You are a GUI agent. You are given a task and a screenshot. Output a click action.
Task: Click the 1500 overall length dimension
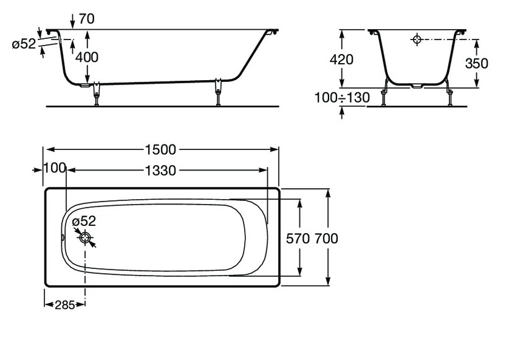pyautogui.click(x=160, y=150)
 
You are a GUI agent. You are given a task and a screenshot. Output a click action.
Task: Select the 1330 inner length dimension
pyautogui.click(x=160, y=171)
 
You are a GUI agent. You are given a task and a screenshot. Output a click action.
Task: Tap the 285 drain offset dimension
pyautogui.click(x=65, y=305)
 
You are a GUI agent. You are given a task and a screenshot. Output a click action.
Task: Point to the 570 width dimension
pyautogui.click(x=298, y=239)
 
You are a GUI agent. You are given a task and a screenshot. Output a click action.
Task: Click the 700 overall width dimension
pyautogui.click(x=327, y=239)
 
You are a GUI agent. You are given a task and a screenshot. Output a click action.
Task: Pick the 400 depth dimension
pyautogui.click(x=87, y=58)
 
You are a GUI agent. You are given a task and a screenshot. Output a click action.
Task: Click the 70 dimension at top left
pyautogui.click(x=86, y=19)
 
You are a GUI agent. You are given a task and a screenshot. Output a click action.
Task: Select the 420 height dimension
pyautogui.click(x=341, y=59)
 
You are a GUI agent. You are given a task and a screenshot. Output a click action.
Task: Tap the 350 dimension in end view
pyautogui.click(x=477, y=64)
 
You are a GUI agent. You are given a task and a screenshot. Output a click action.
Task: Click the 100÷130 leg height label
pyautogui.click(x=342, y=98)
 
